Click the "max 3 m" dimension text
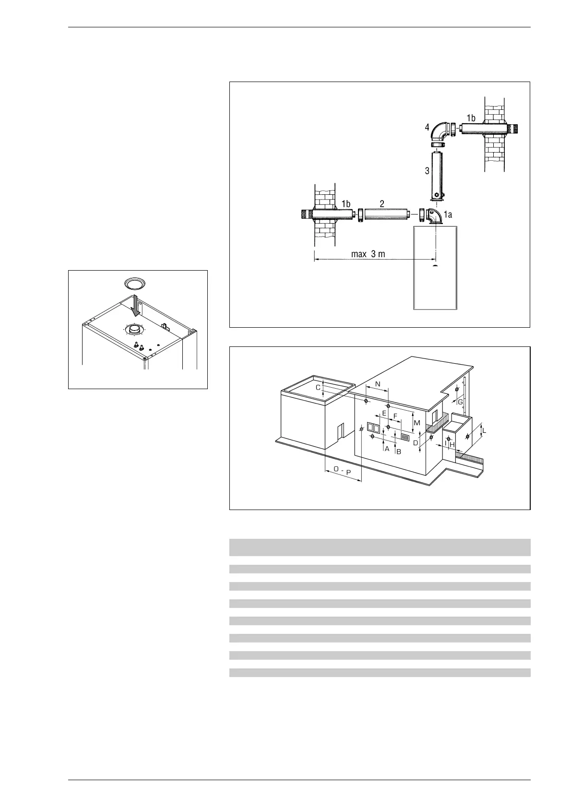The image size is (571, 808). (368, 254)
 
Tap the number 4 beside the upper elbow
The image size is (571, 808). (427, 128)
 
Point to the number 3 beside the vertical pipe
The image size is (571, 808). (427, 170)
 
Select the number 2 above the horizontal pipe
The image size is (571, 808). (382, 203)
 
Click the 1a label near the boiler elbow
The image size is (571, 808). (448, 215)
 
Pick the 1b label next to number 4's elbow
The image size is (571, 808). (471, 118)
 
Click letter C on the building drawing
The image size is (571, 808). (318, 387)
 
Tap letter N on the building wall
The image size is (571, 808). (377, 384)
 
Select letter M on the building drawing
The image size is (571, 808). (416, 423)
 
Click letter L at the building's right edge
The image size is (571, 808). (484, 430)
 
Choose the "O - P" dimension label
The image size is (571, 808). (342, 472)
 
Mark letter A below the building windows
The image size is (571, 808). (387, 449)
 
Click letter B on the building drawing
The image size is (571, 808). (398, 452)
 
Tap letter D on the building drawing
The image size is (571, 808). (416, 443)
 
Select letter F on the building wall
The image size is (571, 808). (395, 416)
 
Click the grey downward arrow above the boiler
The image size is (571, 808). (137, 306)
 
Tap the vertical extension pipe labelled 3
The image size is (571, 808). (437, 175)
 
